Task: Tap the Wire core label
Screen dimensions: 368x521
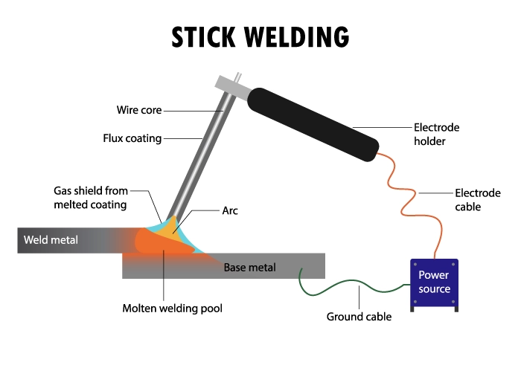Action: pos(138,111)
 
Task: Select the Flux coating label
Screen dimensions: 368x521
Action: pos(132,138)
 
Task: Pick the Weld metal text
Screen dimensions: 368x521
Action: pos(51,240)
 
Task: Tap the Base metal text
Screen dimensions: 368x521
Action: pos(249,266)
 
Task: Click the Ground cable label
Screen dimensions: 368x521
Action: pos(359,317)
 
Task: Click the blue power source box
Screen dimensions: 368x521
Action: pos(434,283)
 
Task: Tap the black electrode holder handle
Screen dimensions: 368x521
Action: pos(313,122)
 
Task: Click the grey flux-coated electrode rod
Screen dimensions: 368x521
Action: pos(199,152)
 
